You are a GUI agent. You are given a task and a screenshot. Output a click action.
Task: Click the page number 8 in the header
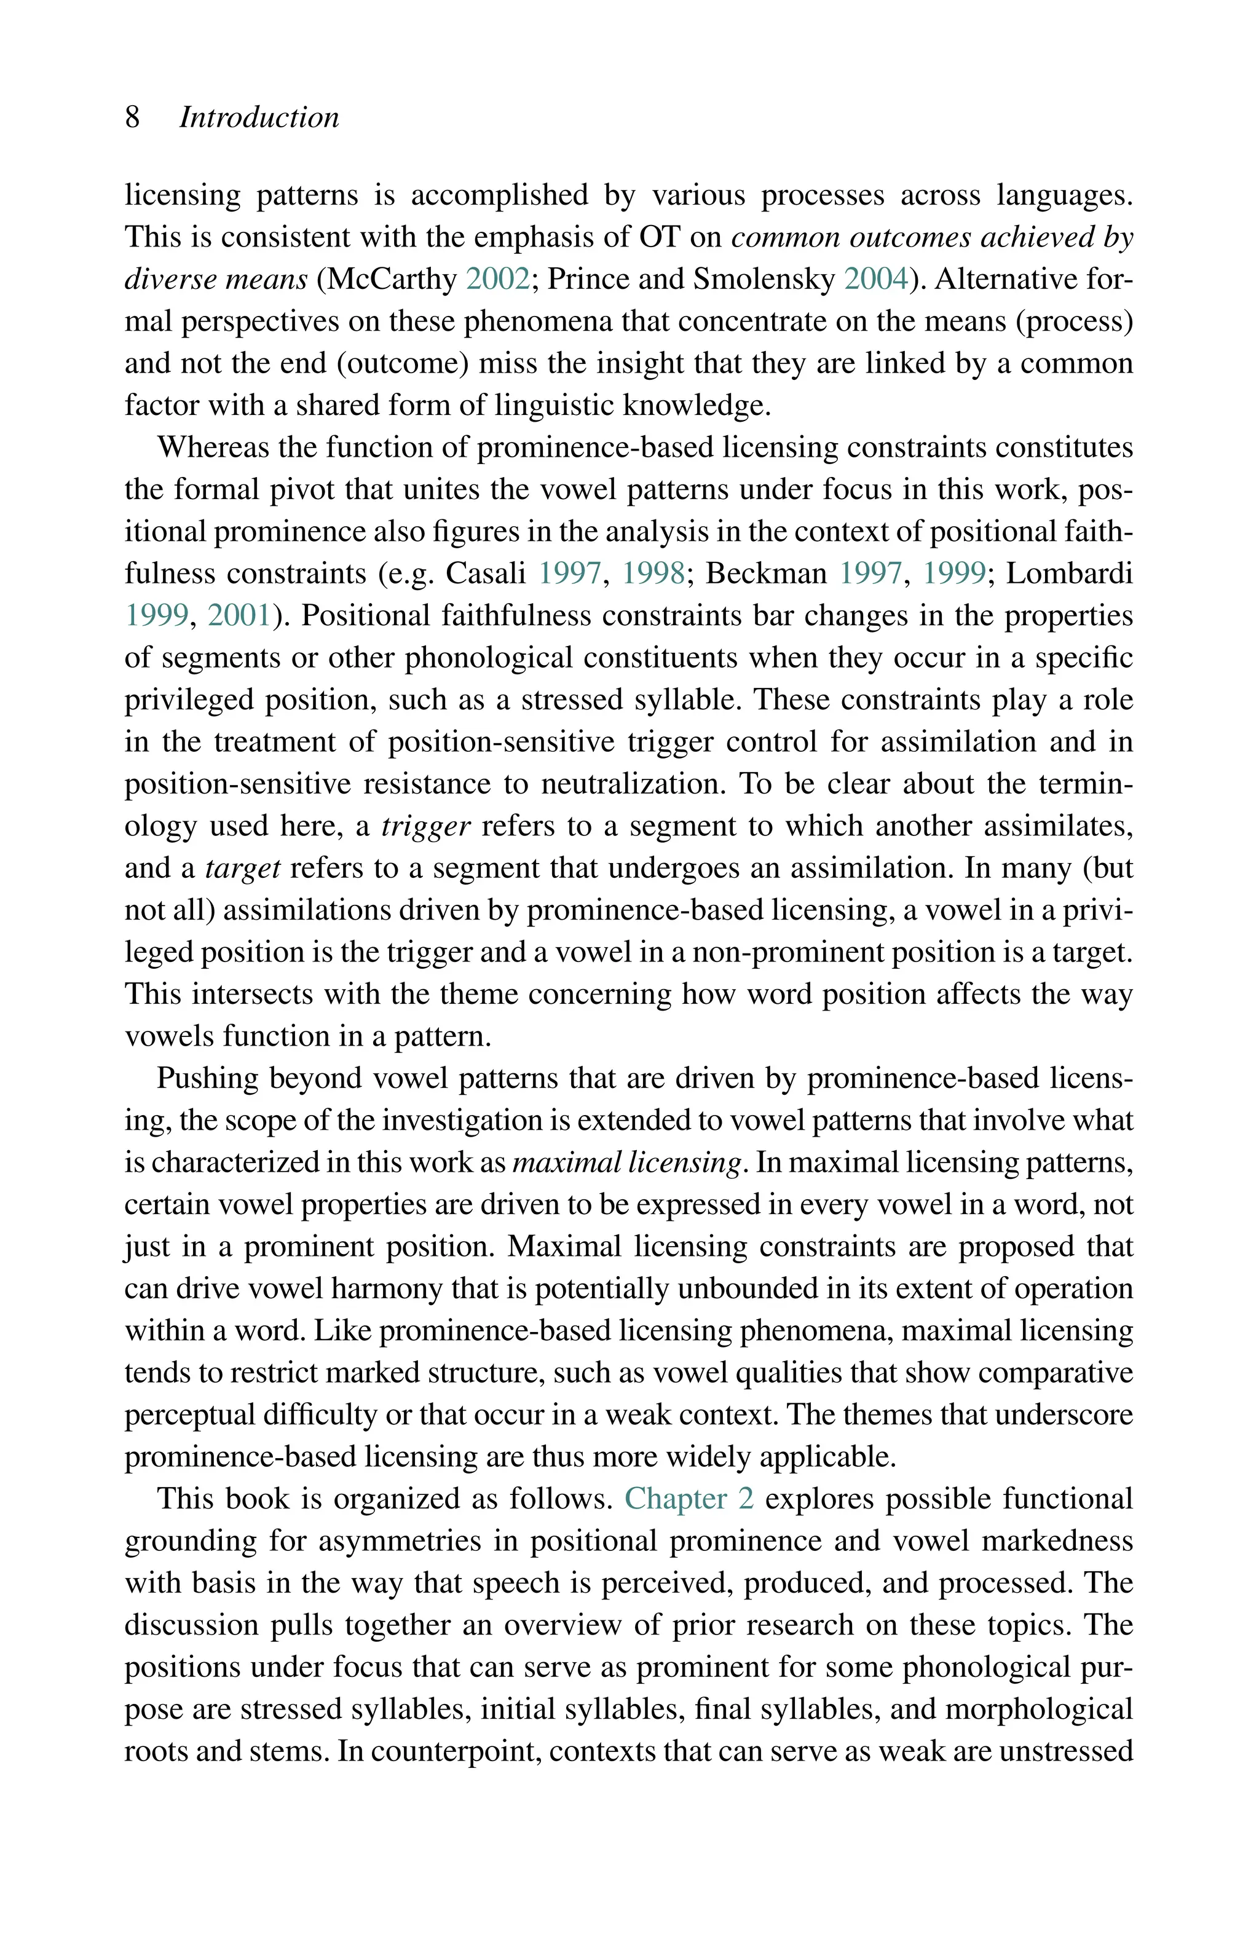point(132,117)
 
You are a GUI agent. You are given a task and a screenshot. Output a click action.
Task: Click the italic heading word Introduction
point(259,117)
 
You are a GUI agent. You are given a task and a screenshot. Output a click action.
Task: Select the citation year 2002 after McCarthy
point(498,280)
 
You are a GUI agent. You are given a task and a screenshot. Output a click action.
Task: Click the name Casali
point(486,574)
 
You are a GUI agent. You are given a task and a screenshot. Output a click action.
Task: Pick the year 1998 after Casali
point(653,574)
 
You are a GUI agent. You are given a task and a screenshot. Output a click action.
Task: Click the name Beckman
point(766,574)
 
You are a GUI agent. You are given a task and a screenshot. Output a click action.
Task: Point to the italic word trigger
point(426,826)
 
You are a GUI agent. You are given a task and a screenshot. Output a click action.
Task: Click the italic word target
point(243,868)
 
